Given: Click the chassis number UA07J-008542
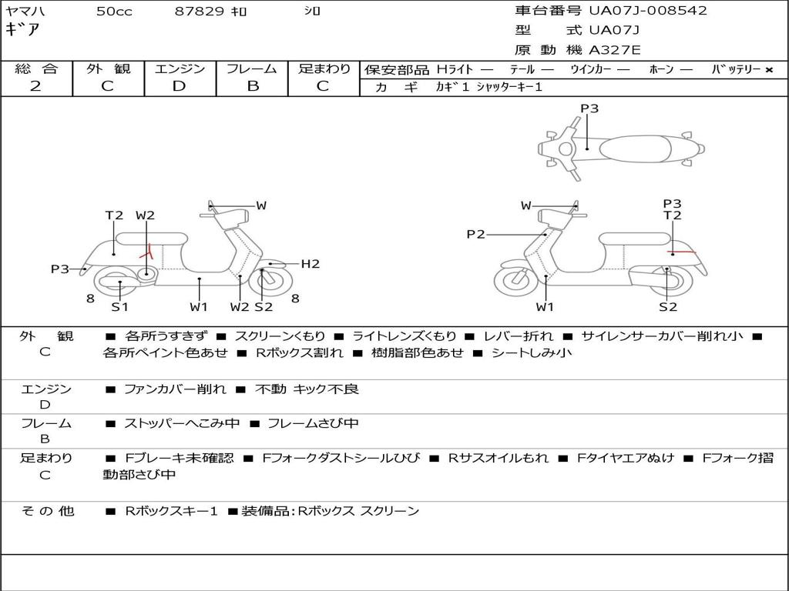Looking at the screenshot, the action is point(647,11).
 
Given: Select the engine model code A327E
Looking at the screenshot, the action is point(614,51).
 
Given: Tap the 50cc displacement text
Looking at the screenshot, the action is point(114,11).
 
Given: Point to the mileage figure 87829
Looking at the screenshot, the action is point(200,11).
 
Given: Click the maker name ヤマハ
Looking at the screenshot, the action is point(23,11).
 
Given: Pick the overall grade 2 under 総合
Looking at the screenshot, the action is point(35,86).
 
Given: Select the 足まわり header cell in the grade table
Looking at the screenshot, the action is point(324,68).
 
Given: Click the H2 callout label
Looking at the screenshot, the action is point(310,264).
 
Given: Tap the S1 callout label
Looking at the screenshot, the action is point(119,307).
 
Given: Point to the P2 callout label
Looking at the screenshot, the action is point(475,234).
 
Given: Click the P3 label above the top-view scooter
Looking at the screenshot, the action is point(589,109).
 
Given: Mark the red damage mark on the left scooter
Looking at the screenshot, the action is point(146,251).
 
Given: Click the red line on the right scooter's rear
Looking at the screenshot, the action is point(681,252).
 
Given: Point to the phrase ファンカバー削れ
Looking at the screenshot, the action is point(175,389).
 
